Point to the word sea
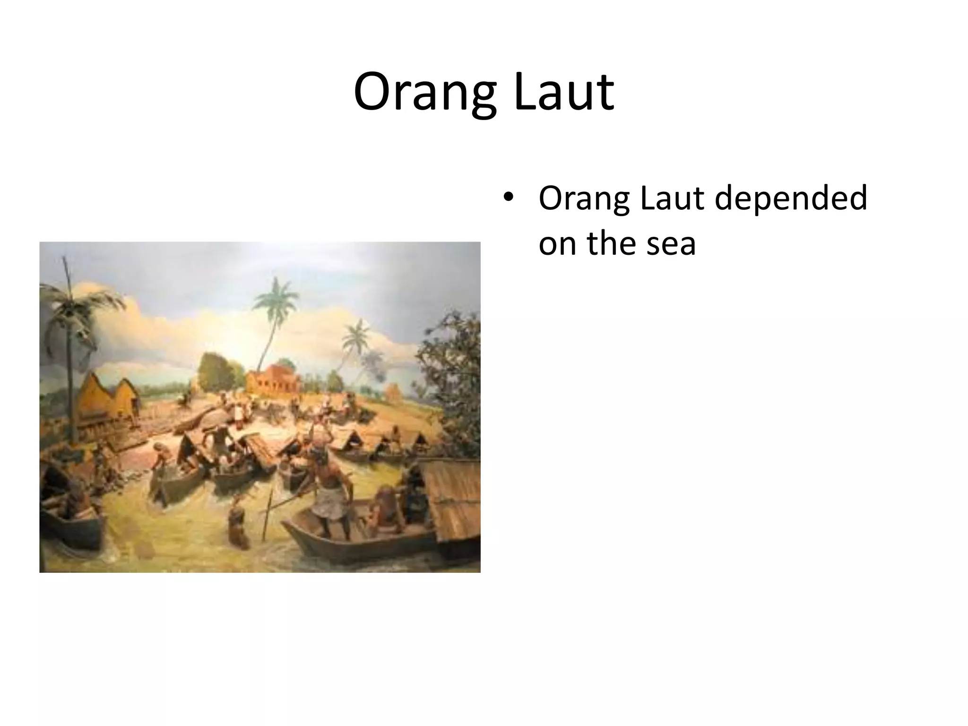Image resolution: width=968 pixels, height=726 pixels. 671,244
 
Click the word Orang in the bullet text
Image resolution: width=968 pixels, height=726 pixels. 584,199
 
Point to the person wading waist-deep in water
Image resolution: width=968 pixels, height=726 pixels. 238,525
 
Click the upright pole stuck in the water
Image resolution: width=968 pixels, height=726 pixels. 268,515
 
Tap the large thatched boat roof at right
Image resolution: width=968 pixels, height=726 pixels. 451,501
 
